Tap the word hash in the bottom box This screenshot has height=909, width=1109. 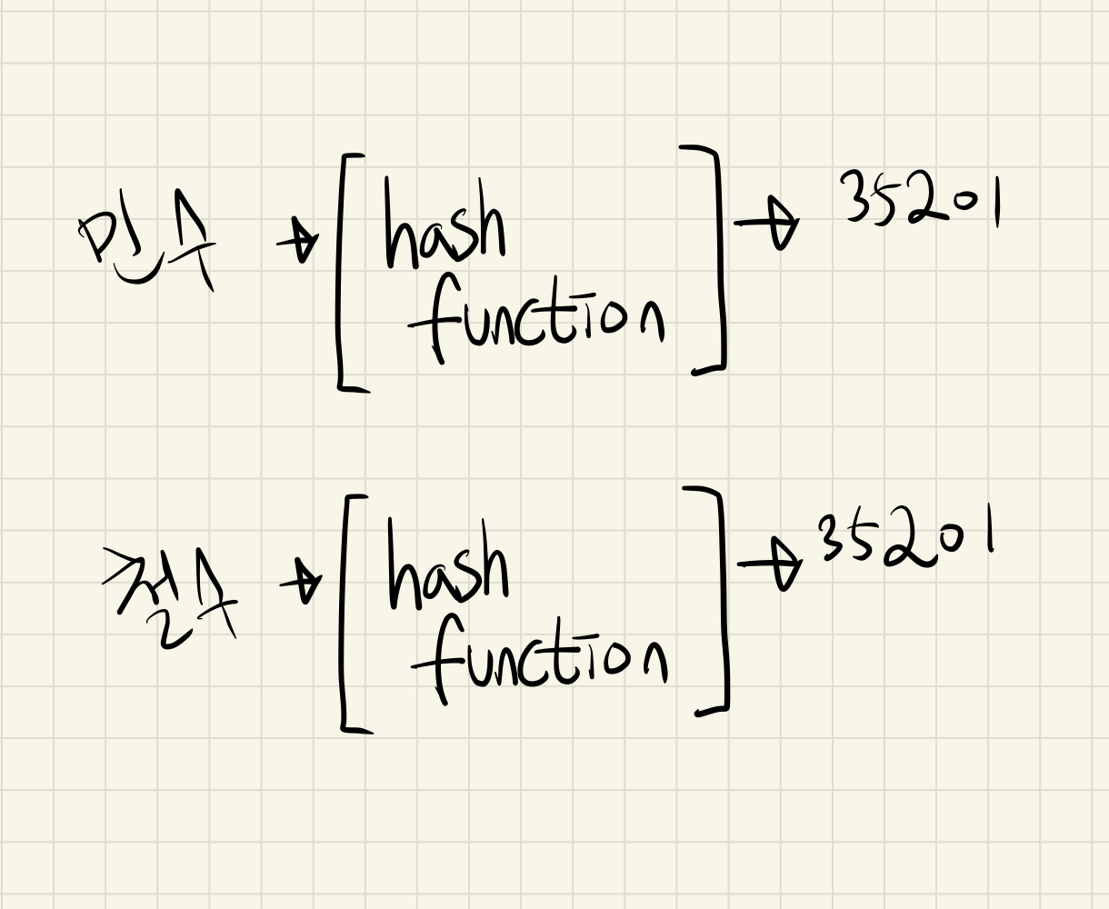(447, 568)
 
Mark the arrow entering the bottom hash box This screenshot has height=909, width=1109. (303, 584)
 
